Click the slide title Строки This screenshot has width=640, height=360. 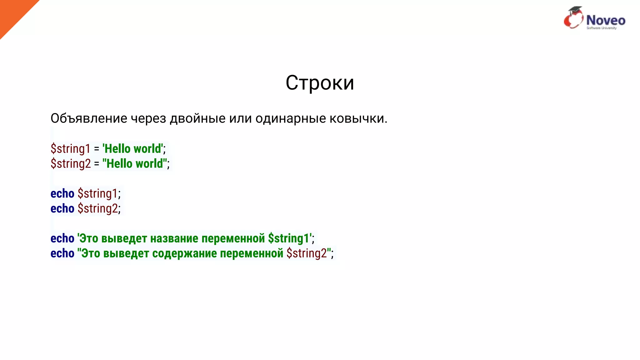pos(320,83)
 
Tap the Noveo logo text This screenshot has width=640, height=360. pos(606,20)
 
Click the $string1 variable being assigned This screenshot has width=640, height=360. pos(70,149)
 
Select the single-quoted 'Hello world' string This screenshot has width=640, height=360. pos(133,149)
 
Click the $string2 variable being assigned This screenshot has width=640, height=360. pos(71,164)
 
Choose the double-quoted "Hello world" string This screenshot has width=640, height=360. pos(135,164)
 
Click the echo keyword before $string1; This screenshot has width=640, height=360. pos(62,194)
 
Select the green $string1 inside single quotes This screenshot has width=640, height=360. pos(288,239)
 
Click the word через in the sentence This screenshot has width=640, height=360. pos(148,118)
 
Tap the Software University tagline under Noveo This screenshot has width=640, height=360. pos(602,28)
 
